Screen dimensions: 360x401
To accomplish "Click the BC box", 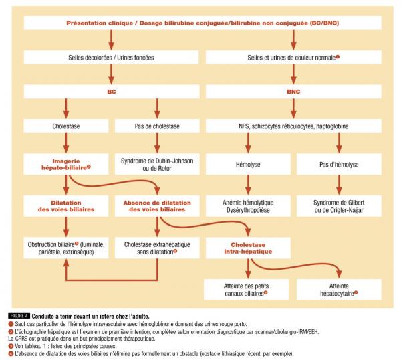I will point(111,91).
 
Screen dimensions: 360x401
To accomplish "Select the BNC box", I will point(292,91).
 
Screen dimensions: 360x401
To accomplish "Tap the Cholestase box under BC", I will point(66,125).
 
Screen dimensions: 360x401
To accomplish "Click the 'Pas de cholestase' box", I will point(156,125).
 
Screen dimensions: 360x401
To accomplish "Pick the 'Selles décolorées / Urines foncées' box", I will point(111,58).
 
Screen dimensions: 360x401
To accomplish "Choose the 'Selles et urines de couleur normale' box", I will point(292,58).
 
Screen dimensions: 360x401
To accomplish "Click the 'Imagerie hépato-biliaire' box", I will point(66,165).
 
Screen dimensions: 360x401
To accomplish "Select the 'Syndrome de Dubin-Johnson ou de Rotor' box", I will point(156,165).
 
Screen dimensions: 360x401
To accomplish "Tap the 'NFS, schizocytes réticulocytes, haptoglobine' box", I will point(292,125).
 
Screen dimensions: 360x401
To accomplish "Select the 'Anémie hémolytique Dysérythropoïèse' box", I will point(247,205).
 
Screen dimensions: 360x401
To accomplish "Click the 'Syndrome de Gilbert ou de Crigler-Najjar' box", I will point(338,205).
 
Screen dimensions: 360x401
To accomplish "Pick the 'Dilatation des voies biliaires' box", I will point(66,205).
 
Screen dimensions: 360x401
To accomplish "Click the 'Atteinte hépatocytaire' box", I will point(338,288).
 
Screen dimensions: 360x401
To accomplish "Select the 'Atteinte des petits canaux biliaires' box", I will point(247,288).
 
